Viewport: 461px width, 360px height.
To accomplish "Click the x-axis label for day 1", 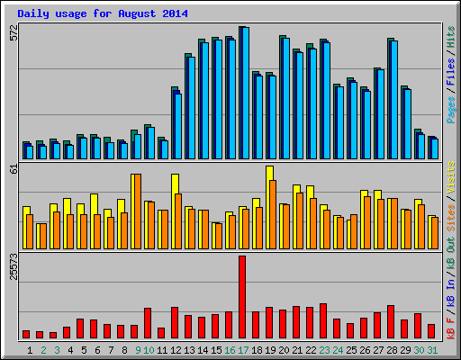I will coord(30,349).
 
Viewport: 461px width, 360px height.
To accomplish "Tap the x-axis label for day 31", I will coord(433,349).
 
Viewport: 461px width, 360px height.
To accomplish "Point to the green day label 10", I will coord(148,349).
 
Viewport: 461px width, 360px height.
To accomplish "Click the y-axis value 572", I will coord(13,33).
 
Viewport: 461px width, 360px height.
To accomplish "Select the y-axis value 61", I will coord(13,168).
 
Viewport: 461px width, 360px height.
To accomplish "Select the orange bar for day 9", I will coord(136,211).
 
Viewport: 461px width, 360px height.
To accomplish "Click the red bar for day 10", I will coord(148,323).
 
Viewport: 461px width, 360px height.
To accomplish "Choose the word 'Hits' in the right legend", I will coord(450,38).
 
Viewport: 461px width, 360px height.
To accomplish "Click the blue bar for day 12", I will coord(178,126).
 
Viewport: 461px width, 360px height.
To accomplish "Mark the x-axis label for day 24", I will coord(337,349).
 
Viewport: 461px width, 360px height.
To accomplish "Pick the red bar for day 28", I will coord(390,321).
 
